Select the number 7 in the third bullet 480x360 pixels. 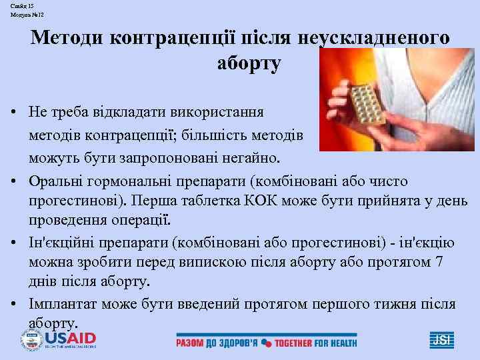coord(438,262)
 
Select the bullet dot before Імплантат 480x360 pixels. coord(13,304)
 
